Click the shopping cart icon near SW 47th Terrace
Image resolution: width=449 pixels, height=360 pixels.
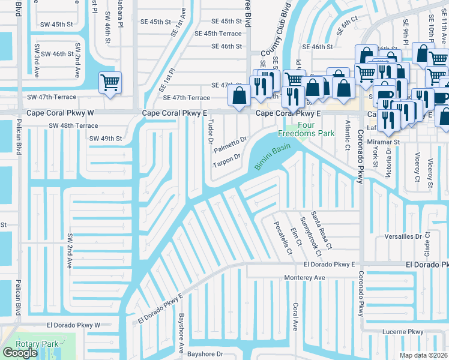coord(110,82)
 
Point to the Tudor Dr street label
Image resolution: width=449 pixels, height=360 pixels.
coord(210,131)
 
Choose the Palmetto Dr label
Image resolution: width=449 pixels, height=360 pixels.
coord(231,145)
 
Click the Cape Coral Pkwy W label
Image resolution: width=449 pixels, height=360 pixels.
coord(61,112)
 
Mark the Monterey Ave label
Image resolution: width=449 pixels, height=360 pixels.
coord(304,278)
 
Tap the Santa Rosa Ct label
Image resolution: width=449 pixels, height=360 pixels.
coord(325,234)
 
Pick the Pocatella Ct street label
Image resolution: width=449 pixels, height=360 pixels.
coord(282,238)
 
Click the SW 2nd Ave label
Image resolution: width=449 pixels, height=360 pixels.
coord(70,250)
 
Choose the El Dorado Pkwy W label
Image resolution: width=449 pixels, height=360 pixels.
coord(75,325)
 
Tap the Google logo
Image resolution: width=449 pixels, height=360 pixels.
coord(20,352)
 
